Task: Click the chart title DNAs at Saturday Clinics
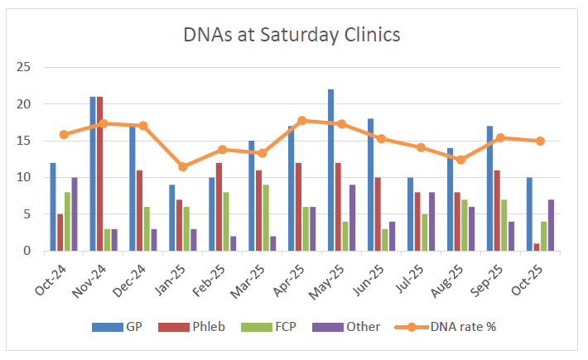pos(292,35)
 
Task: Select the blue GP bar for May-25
pos(331,170)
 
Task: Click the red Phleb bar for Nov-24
pos(100,174)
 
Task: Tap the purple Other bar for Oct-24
pos(75,214)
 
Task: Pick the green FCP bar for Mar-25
pos(266,218)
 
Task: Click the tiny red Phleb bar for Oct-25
pos(537,247)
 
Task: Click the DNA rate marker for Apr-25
pos(302,121)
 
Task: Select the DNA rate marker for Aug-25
pos(461,160)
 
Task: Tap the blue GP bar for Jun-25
pos(371,185)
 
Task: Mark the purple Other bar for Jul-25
pos(431,221)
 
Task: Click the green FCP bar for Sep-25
pos(504,225)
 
